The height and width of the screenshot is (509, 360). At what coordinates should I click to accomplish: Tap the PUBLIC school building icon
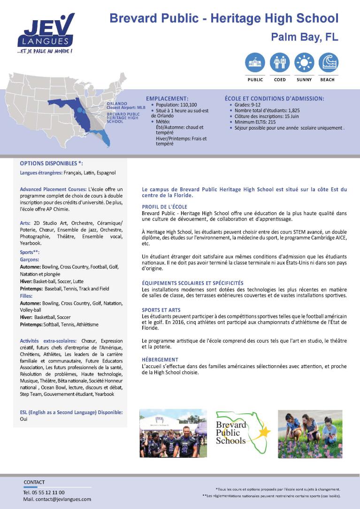255,62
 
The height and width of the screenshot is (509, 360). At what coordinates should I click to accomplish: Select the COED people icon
280,62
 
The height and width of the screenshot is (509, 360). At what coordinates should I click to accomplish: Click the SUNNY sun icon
304,62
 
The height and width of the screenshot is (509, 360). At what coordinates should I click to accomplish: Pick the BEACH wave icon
328,62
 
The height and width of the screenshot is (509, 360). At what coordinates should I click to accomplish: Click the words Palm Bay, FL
305,37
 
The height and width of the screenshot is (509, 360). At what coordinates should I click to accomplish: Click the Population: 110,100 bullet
176,105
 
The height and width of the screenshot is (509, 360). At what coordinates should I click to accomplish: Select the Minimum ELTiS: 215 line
255,122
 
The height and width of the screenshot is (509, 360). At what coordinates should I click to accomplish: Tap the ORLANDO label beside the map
117,103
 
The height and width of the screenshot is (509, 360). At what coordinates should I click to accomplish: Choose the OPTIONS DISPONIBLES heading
51,163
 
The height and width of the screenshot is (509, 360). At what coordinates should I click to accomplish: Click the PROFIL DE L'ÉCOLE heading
164,207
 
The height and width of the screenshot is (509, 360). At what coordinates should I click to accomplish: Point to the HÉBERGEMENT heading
160,359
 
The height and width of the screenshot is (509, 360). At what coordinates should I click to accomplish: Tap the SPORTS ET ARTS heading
161,310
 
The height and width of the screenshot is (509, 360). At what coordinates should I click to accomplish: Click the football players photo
173,433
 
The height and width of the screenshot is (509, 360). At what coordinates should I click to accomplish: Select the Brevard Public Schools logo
242,432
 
